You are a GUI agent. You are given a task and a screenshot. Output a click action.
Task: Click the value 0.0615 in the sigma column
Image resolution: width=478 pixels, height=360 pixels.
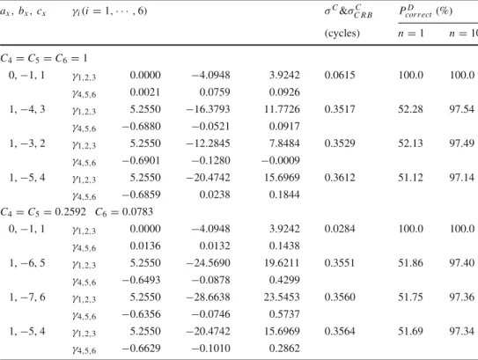[340, 75]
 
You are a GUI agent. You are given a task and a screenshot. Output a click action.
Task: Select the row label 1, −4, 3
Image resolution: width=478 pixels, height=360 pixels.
[27, 109]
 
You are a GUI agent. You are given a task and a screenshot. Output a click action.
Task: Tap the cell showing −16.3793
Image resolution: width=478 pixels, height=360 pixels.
[209, 109]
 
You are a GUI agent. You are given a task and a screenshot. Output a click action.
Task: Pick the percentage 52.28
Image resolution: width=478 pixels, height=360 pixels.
[410, 109]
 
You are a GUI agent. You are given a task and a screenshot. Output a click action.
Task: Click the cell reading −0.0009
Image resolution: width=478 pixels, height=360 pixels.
[281, 160]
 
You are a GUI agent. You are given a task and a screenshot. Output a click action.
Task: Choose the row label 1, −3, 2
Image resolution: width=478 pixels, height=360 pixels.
[27, 143]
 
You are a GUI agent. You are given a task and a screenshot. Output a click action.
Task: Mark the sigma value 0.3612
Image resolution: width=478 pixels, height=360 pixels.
[340, 178]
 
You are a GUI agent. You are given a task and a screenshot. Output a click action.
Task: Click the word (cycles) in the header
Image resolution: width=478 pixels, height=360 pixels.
[342, 33]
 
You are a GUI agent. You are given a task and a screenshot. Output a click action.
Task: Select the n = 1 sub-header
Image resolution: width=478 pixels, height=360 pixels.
[411, 33]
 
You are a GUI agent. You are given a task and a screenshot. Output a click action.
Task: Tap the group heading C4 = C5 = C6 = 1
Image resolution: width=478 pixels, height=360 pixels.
[44, 58]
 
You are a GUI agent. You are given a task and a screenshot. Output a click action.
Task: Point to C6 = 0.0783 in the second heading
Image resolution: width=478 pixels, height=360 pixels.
[124, 212]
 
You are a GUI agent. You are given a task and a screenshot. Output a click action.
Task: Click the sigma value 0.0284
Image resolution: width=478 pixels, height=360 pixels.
[340, 229]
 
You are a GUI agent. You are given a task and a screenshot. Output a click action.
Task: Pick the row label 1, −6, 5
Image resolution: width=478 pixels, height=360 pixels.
[27, 263]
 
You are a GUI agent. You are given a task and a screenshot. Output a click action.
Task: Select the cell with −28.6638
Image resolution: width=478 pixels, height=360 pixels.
[209, 297]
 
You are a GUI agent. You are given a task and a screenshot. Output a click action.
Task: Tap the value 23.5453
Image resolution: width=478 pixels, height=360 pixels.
[282, 297]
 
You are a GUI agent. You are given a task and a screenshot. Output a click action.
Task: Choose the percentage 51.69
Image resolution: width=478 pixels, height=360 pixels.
[410, 331]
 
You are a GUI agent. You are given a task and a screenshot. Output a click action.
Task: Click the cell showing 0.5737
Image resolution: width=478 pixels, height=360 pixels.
[284, 314]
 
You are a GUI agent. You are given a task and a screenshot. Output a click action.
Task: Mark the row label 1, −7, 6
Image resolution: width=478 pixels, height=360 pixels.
[27, 297]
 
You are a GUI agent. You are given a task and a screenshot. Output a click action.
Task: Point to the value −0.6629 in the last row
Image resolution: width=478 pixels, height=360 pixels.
[141, 348]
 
